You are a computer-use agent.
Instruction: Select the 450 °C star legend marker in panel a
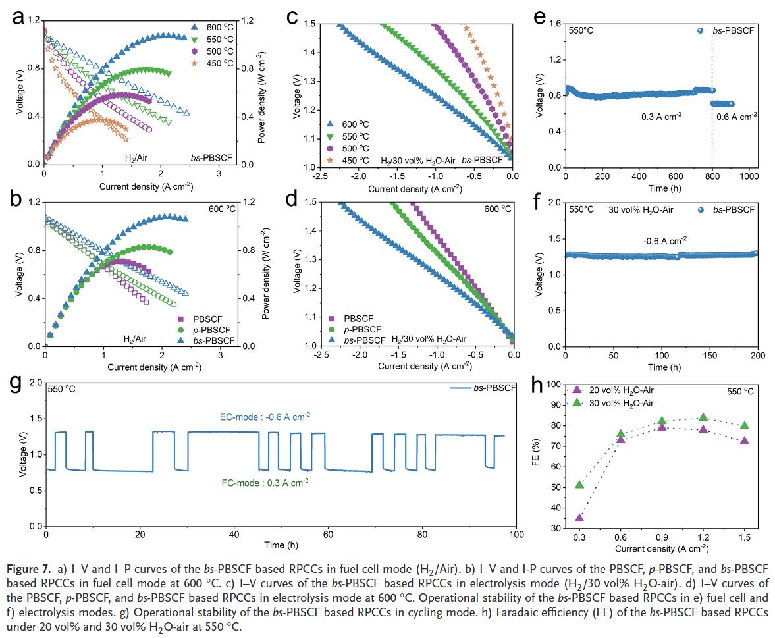pos(194,63)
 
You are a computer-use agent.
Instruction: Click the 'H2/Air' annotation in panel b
pos(135,338)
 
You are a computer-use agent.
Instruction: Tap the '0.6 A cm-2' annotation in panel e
pos(736,116)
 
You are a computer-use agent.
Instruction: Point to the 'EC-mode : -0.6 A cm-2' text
pos(265,416)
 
